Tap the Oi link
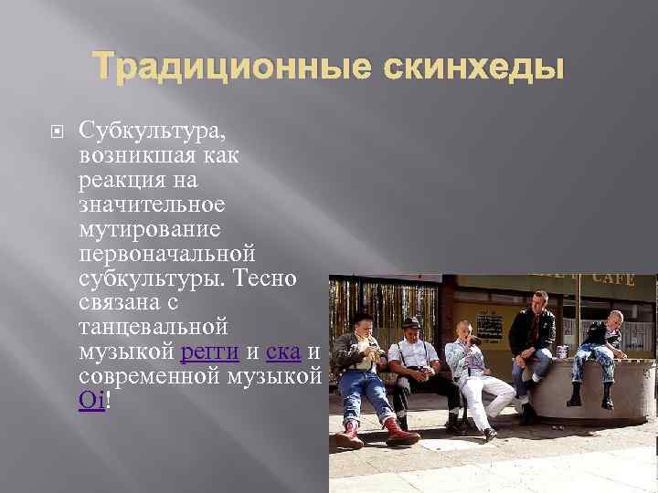pyautogui.click(x=91, y=399)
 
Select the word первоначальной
pyautogui.click(x=167, y=252)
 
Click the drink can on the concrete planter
pyautogui.click(x=562, y=351)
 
